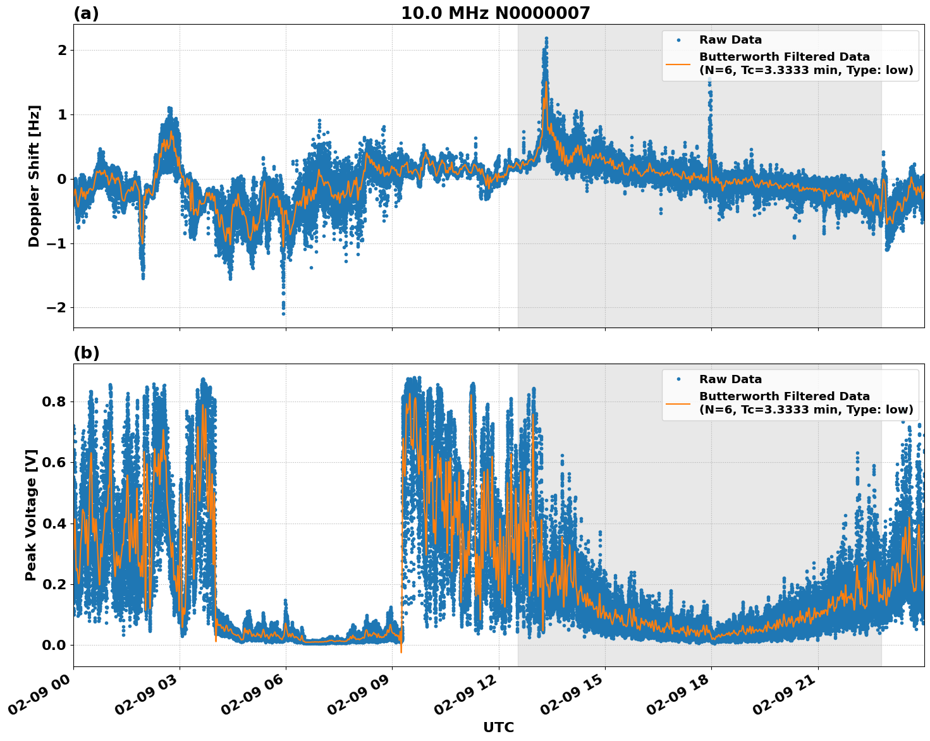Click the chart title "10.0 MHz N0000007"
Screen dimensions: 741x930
pos(495,13)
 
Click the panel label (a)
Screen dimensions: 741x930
pos(86,13)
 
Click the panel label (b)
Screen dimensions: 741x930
pos(86,353)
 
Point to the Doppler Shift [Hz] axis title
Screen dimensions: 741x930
pos(34,176)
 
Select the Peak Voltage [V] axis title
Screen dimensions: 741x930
pos(31,515)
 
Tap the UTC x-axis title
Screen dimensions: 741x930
pos(498,727)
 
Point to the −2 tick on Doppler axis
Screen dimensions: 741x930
pos(56,308)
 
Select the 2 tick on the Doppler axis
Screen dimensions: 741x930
pos(61,51)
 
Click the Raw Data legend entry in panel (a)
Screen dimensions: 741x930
pos(730,40)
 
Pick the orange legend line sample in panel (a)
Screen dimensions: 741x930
pos(678,63)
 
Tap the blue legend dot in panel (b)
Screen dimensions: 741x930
pos(678,379)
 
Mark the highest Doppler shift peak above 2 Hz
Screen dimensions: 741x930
pos(546,39)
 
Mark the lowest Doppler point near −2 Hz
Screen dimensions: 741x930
pos(283,314)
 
